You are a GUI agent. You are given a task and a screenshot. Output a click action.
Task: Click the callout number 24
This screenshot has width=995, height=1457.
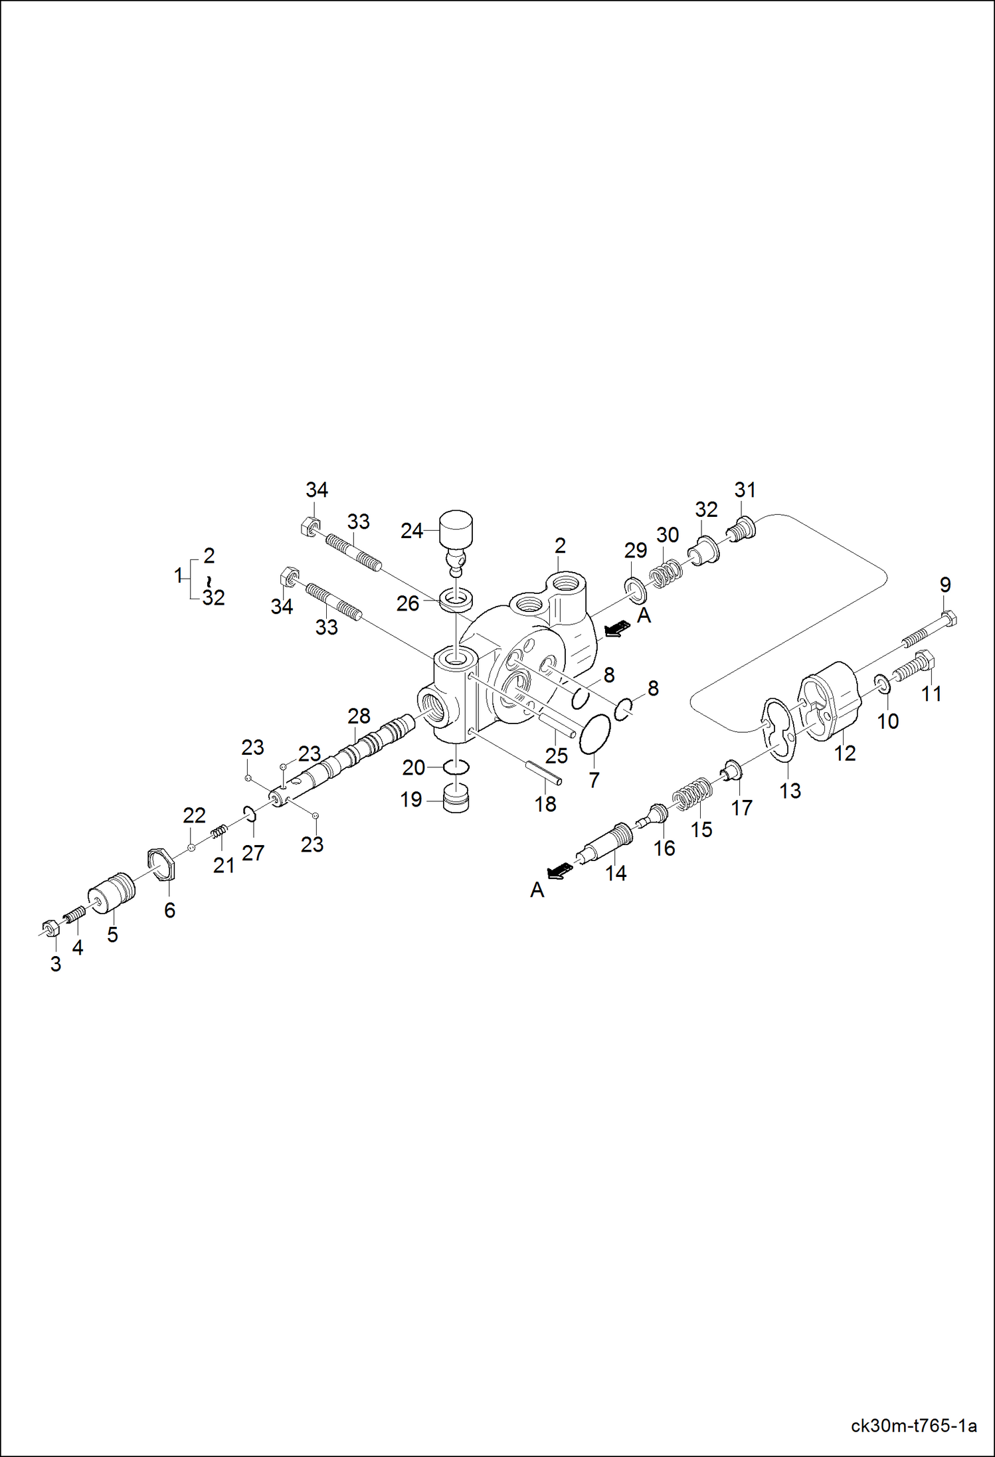411,530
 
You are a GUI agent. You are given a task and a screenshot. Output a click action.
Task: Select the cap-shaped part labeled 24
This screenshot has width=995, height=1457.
456,528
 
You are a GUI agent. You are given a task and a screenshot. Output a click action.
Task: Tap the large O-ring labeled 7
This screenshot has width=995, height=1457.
595,735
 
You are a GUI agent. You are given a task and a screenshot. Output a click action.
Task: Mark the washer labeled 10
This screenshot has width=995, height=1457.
883,684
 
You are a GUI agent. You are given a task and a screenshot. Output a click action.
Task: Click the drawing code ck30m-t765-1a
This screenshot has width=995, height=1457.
913,1426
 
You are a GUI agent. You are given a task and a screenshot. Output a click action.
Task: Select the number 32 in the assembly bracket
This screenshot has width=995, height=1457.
213,597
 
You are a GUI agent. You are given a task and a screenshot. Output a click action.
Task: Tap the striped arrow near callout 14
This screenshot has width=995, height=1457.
559,870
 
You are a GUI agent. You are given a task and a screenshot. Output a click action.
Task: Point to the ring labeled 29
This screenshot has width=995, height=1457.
635,587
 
